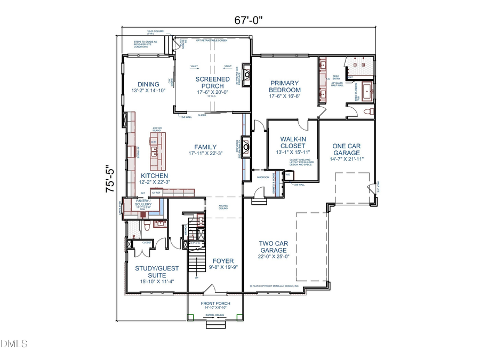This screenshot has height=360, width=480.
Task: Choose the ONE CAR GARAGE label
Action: [346, 149]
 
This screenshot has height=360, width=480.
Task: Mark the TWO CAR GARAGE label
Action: [274, 246]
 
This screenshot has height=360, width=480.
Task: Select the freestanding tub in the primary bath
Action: [367, 92]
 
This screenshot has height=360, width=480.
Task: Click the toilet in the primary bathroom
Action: [367, 111]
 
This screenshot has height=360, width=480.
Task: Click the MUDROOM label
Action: [263, 176]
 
